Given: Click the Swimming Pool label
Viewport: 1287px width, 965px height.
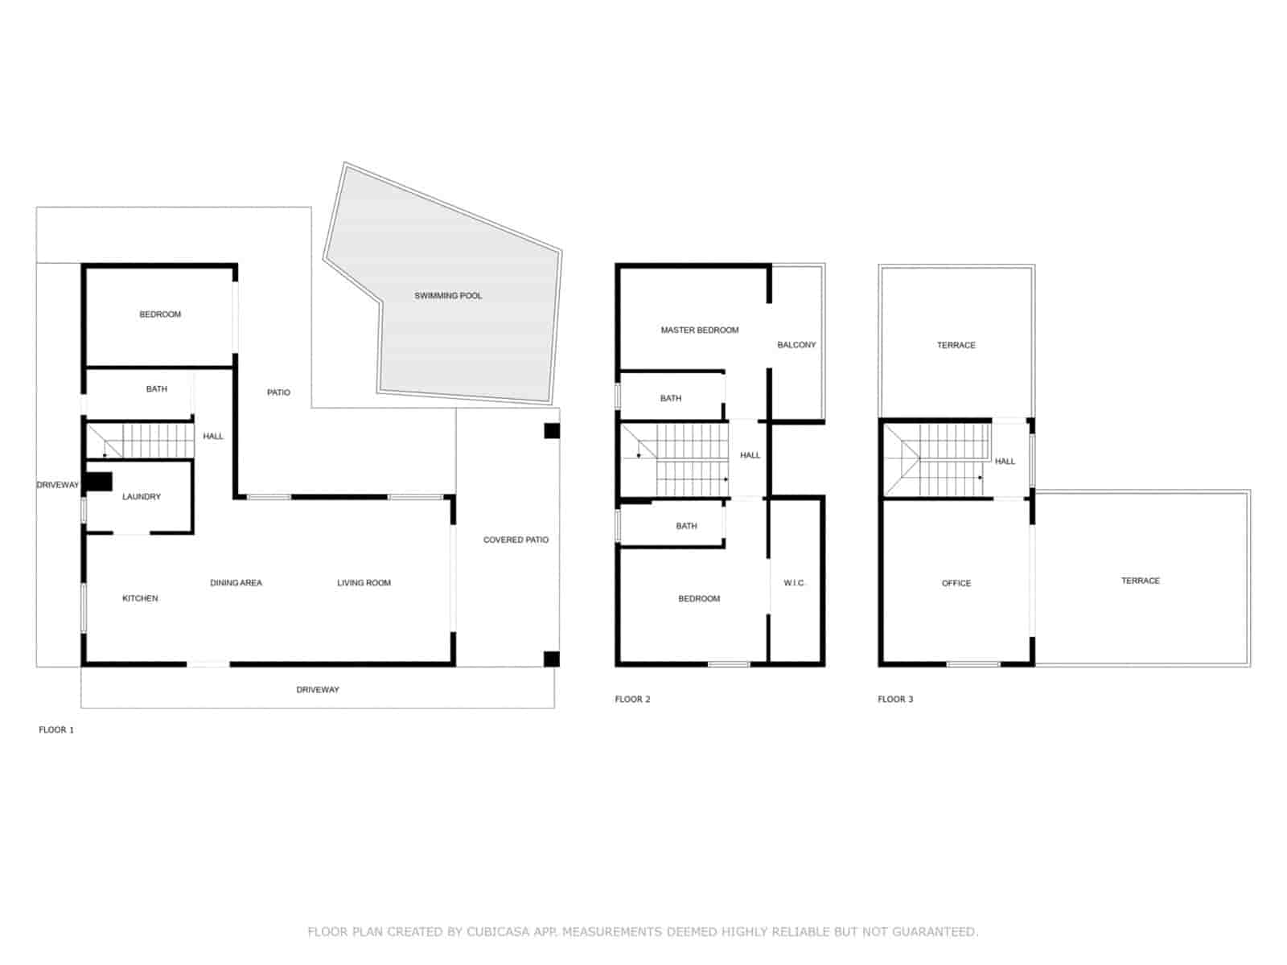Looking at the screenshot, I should pyautogui.click(x=448, y=296).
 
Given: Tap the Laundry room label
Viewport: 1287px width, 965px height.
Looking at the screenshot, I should pyautogui.click(x=142, y=497).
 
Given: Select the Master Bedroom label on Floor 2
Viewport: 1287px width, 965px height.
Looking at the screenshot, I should pyautogui.click(x=699, y=330).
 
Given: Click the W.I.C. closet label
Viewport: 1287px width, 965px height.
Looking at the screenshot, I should pyautogui.click(x=794, y=583).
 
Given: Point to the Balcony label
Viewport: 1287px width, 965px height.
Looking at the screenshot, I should pyautogui.click(x=796, y=345).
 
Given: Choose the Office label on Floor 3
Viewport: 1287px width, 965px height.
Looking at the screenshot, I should pyautogui.click(x=956, y=583).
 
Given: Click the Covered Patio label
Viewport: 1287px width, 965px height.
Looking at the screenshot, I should pyautogui.click(x=516, y=540).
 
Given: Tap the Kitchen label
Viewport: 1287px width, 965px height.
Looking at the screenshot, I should pyautogui.click(x=140, y=598).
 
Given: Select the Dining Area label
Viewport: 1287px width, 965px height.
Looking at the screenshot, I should pyautogui.click(x=236, y=583).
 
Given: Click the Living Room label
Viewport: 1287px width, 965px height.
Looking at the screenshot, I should pyautogui.click(x=364, y=583).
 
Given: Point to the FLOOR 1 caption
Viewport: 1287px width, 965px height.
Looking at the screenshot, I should pyautogui.click(x=56, y=730).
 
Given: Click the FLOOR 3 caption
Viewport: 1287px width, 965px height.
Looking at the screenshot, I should pyautogui.click(x=895, y=700).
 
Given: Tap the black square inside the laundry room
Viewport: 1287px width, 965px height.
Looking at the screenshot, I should pyautogui.click(x=99, y=481).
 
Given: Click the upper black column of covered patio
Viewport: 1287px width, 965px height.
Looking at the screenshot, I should pyautogui.click(x=552, y=431).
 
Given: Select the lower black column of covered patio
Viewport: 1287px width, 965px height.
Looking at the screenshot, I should pyautogui.click(x=552, y=659).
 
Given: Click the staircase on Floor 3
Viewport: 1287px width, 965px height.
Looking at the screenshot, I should pyautogui.click(x=937, y=461).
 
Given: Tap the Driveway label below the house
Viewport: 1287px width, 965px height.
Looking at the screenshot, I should pyautogui.click(x=318, y=690).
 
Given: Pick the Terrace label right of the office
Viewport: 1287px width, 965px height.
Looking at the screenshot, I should pyautogui.click(x=1140, y=581).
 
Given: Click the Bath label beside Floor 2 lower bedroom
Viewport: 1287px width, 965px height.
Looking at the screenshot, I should pyautogui.click(x=686, y=526).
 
